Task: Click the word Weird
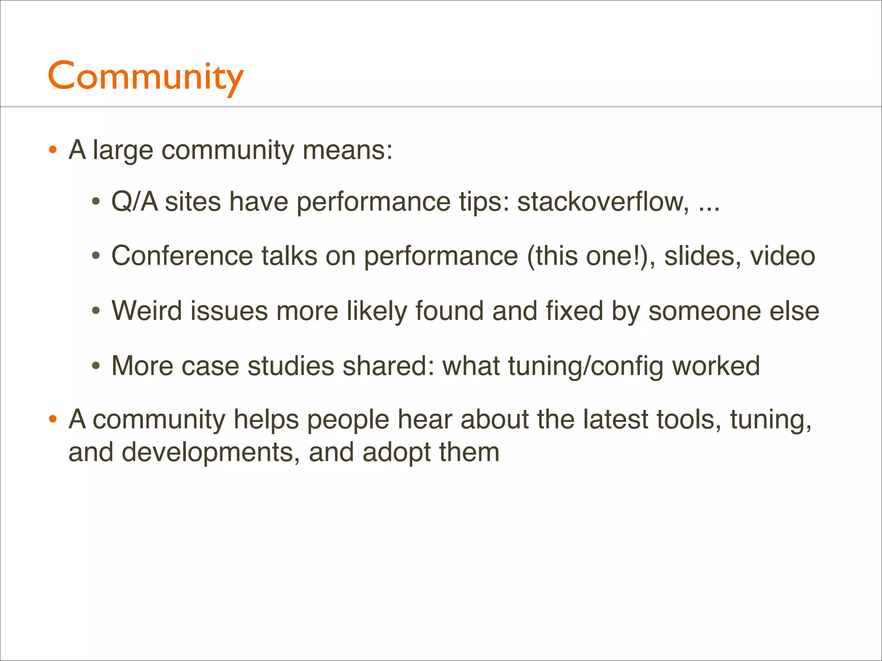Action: [146, 311]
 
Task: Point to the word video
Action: [783, 256]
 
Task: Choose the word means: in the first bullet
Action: [348, 150]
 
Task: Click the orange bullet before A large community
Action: [53, 150]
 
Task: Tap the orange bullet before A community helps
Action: [53, 420]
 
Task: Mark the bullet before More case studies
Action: [96, 366]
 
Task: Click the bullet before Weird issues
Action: [96, 311]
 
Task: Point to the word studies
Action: [291, 366]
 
